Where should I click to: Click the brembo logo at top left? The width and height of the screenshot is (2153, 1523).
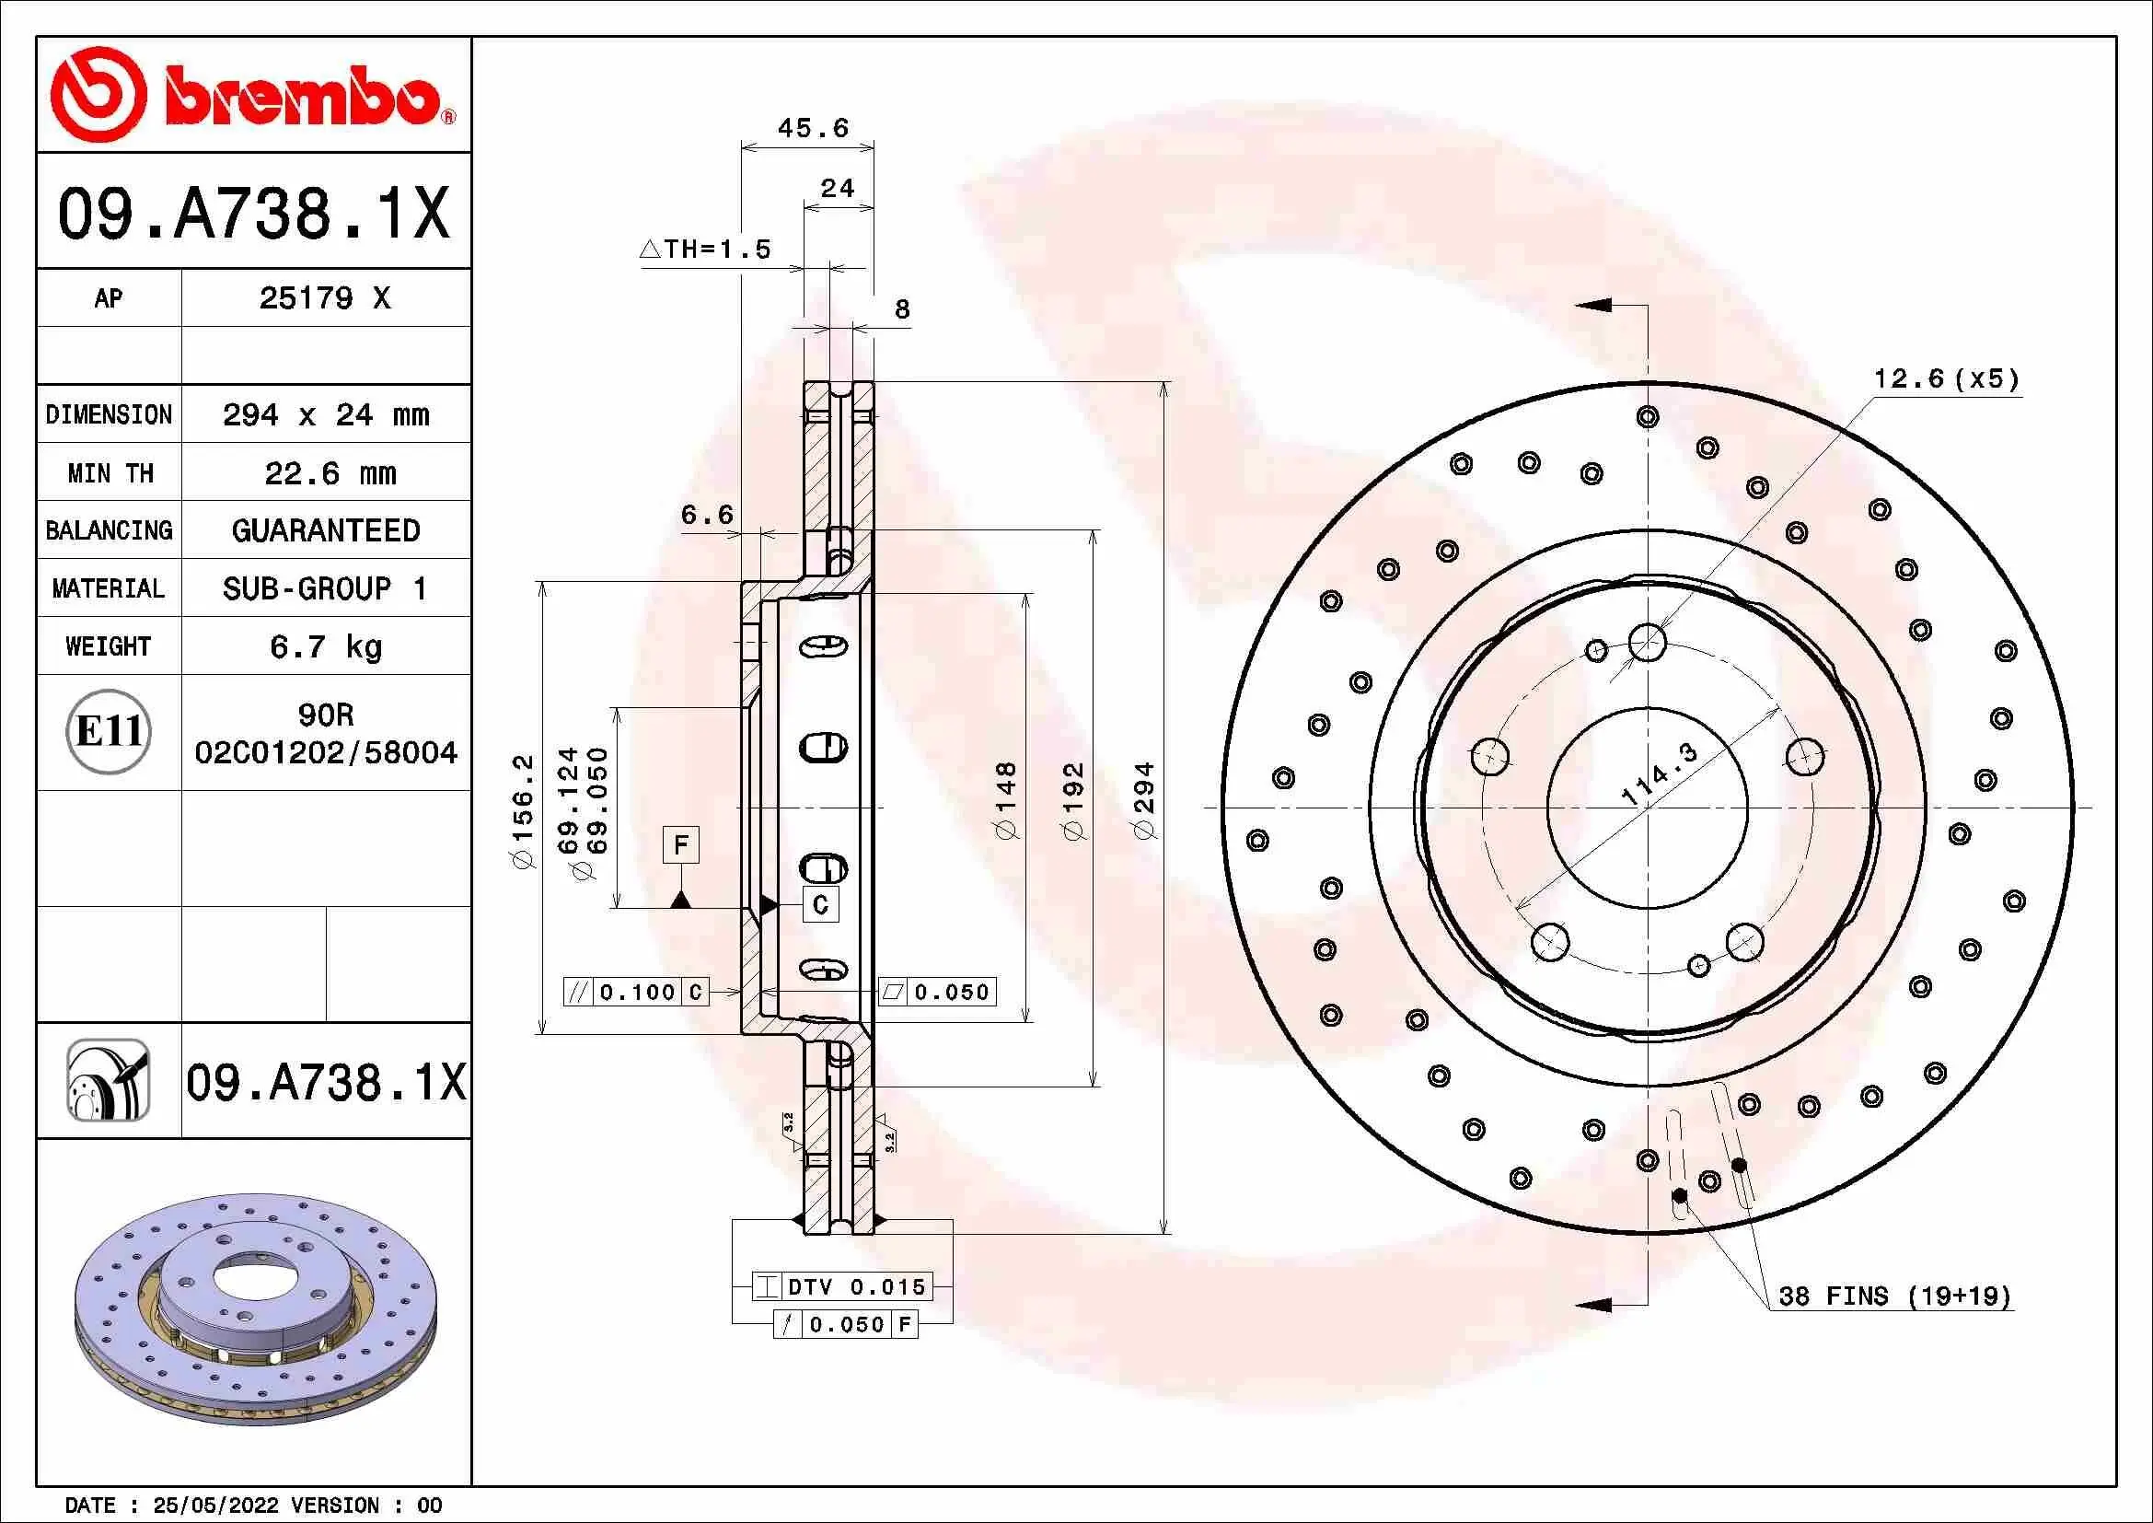[253, 95]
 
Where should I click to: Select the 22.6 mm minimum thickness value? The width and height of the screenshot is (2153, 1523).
[330, 472]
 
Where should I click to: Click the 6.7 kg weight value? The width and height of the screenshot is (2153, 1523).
[325, 646]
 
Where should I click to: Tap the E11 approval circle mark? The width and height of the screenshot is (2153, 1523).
[109, 731]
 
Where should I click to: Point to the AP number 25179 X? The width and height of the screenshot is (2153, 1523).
[324, 298]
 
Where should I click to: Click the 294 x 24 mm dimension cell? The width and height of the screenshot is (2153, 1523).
[325, 414]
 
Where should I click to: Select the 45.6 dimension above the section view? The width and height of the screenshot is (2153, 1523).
[812, 128]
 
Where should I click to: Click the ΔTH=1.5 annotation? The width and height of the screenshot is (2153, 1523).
[705, 250]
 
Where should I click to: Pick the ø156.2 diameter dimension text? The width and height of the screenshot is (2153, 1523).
[523, 810]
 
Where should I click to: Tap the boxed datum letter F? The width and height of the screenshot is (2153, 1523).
[681, 844]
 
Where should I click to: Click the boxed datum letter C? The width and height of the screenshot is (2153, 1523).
[820, 905]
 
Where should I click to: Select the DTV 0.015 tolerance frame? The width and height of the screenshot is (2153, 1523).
[841, 1286]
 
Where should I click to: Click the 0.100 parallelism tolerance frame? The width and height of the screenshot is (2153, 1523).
[636, 993]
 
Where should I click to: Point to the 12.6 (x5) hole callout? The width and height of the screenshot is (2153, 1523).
[1945, 378]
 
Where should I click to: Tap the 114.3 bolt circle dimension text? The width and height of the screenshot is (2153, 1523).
[1659, 773]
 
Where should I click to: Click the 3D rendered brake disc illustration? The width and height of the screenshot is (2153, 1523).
[255, 1309]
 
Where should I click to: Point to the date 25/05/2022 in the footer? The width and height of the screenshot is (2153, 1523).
[215, 1506]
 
